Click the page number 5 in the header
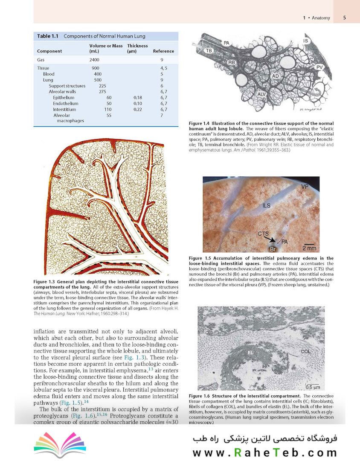pos(344,18)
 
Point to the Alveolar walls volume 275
pos(102,92)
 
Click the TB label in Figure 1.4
pos(209,50)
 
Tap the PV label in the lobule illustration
pos(320,67)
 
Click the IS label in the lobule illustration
pos(306,41)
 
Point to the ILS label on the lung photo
pos(266,206)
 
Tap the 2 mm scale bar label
pos(309,248)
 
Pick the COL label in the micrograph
pos(305,351)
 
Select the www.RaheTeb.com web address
pos(265,452)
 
